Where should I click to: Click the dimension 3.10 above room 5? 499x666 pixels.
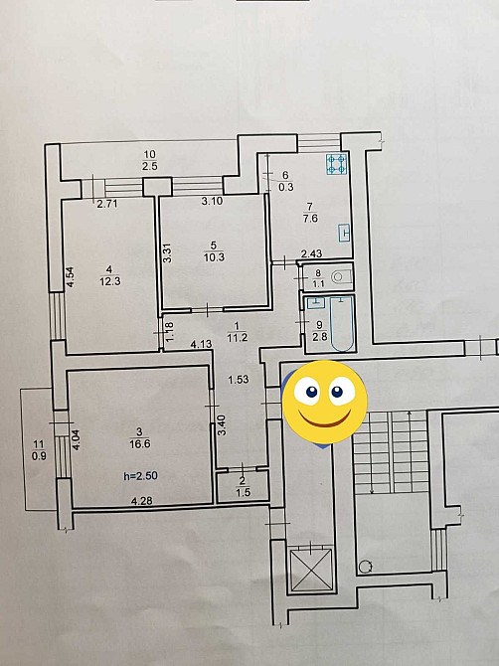coord(211,202)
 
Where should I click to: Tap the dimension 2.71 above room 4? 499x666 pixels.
coord(107,204)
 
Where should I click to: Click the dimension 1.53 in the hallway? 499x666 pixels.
coord(238,380)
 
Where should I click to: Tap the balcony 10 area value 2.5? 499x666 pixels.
coord(149,166)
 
